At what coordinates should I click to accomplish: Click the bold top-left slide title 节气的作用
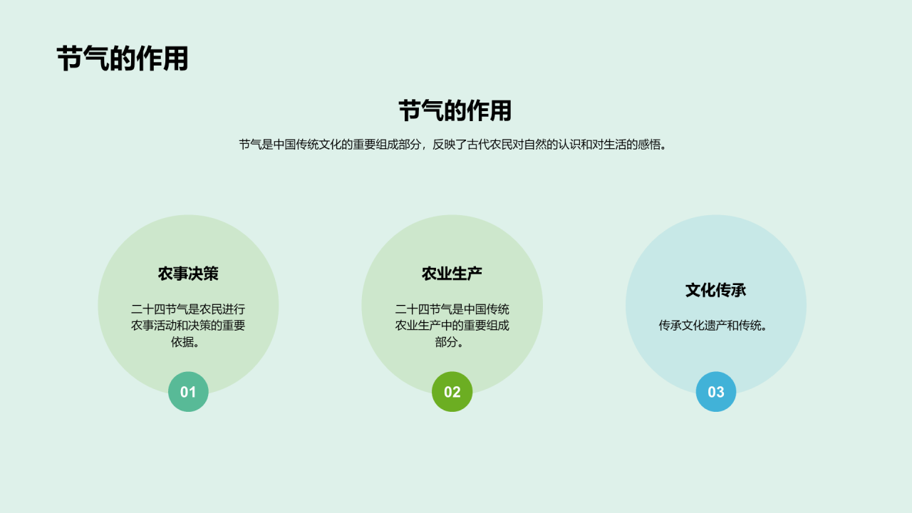click(x=122, y=58)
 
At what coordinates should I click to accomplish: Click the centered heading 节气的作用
click(x=455, y=111)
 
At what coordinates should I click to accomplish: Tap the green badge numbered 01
click(x=188, y=392)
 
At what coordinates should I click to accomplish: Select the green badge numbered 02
click(x=452, y=392)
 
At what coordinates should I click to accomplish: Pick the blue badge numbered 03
click(x=715, y=392)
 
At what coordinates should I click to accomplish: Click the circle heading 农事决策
click(x=188, y=274)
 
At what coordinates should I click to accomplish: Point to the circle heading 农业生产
click(x=452, y=274)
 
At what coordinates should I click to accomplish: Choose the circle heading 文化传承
click(x=715, y=290)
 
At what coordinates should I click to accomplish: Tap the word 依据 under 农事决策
click(x=182, y=342)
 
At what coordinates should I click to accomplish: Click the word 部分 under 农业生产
click(x=447, y=342)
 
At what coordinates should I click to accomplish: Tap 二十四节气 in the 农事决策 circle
click(x=160, y=309)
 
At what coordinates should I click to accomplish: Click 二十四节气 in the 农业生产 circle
click(x=423, y=309)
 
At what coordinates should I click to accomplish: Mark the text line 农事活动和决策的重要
click(x=188, y=326)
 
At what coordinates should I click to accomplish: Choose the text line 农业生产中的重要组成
click(x=452, y=326)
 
